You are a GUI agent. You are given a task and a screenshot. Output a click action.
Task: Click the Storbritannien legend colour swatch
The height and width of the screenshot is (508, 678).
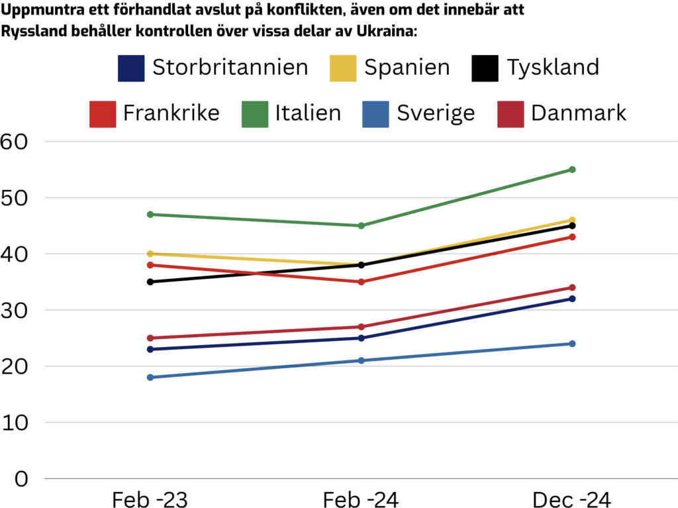(130, 68)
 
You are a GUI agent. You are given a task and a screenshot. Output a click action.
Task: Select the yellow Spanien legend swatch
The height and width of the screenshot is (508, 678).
(342, 68)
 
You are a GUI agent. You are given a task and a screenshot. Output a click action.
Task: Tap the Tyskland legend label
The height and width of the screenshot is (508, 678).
(553, 68)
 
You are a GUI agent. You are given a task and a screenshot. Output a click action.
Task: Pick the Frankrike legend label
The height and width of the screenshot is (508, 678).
(171, 113)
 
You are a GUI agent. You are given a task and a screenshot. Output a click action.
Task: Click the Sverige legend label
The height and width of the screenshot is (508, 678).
(436, 113)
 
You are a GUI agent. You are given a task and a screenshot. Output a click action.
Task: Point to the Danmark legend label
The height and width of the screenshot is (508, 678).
(578, 113)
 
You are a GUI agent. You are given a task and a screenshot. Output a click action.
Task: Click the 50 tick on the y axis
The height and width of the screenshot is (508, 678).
(14, 197)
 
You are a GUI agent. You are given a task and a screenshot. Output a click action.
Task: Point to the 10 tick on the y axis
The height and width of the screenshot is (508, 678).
(14, 423)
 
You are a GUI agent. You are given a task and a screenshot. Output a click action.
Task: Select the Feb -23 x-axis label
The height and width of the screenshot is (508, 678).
(150, 499)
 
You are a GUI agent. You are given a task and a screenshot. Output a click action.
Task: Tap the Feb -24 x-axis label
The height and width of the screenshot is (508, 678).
(361, 499)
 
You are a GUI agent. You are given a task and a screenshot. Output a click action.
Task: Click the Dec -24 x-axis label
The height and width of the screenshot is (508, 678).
(572, 499)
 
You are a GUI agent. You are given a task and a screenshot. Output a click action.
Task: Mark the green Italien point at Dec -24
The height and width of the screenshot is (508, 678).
(572, 170)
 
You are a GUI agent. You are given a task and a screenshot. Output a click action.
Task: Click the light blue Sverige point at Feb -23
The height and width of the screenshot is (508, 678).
(150, 378)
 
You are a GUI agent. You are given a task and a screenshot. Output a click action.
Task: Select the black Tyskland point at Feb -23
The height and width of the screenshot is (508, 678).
(150, 282)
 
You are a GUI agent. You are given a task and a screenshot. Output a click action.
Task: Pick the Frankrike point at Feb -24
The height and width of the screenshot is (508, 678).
(362, 282)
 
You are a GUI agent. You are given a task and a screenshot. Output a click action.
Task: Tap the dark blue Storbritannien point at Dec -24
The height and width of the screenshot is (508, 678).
(572, 299)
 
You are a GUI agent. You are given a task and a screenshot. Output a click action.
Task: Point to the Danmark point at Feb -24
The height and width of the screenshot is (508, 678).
(362, 327)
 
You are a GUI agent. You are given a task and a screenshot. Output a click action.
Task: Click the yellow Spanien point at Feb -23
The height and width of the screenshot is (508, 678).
(150, 254)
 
